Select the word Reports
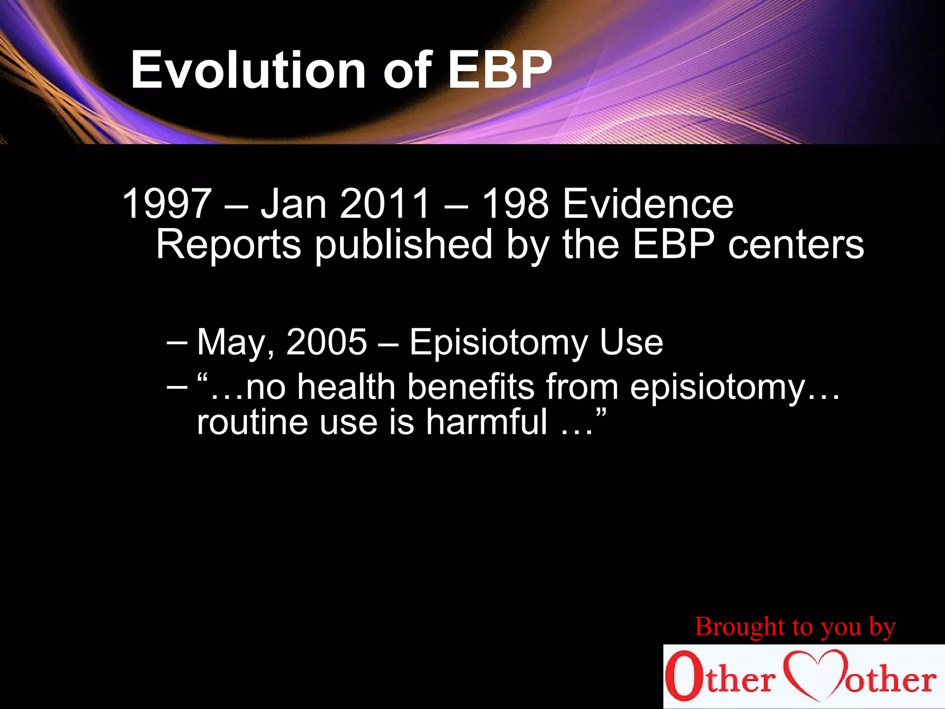[229, 245]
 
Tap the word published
[404, 245]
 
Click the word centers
[795, 245]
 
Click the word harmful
[486, 422]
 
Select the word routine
[252, 422]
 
